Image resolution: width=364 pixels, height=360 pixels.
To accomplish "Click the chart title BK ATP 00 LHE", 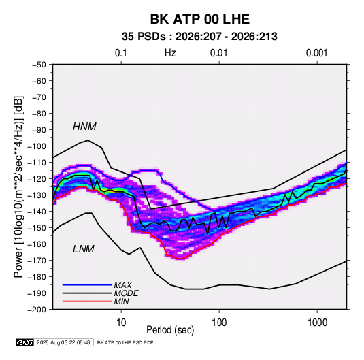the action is pyautogui.click(x=200, y=19).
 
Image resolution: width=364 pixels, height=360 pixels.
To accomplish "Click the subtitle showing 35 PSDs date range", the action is pyautogui.click(x=199, y=37).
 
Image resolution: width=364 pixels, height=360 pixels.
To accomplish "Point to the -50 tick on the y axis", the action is pyautogui.click(x=39, y=65).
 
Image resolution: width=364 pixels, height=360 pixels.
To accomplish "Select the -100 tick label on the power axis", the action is pyautogui.click(x=37, y=146).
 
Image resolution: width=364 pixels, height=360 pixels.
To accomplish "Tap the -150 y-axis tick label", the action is pyautogui.click(x=37, y=228).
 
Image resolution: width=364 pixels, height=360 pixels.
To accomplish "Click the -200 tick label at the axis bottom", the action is pyautogui.click(x=37, y=310).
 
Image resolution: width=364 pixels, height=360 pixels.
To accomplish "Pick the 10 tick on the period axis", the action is pyautogui.click(x=121, y=323).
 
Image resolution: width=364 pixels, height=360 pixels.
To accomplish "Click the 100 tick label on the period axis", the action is pyautogui.click(x=219, y=323).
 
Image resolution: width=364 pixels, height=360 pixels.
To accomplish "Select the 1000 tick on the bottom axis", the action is pyautogui.click(x=317, y=323).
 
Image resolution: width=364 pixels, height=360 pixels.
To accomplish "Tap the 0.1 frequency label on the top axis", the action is pyautogui.click(x=121, y=53).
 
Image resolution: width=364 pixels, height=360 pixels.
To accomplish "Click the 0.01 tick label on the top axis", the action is pyautogui.click(x=218, y=53).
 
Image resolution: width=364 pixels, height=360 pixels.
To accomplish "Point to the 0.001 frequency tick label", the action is pyautogui.click(x=316, y=53).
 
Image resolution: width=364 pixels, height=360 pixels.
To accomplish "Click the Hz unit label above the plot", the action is pyautogui.click(x=170, y=53).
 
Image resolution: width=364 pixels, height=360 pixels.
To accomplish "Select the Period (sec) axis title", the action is pyautogui.click(x=170, y=330).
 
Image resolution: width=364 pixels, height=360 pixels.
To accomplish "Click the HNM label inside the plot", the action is pyautogui.click(x=84, y=127).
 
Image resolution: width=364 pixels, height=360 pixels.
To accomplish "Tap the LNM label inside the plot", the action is pyautogui.click(x=84, y=249).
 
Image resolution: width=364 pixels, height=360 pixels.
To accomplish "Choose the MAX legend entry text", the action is pyautogui.click(x=122, y=285).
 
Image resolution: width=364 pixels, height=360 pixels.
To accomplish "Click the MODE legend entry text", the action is pyautogui.click(x=126, y=293).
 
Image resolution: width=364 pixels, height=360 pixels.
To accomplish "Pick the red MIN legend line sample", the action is pyautogui.click(x=87, y=301).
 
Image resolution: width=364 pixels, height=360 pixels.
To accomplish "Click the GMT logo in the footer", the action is pyautogui.click(x=24, y=342).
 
